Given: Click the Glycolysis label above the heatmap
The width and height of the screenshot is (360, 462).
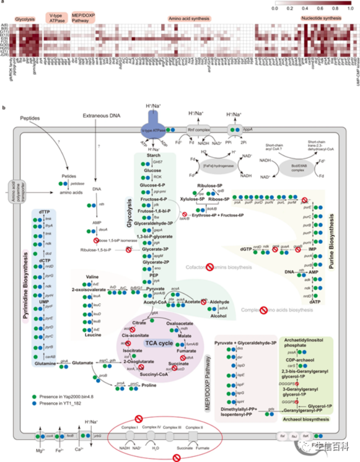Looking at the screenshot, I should (x=25, y=19).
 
